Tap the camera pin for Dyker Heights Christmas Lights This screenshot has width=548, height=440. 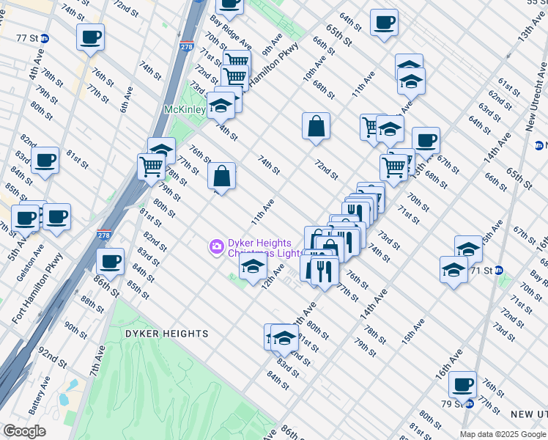[x=216, y=246]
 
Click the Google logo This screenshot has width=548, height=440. [x=24, y=431]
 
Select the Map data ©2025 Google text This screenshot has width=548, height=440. [x=503, y=433]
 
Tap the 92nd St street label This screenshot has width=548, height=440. [x=53, y=358]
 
